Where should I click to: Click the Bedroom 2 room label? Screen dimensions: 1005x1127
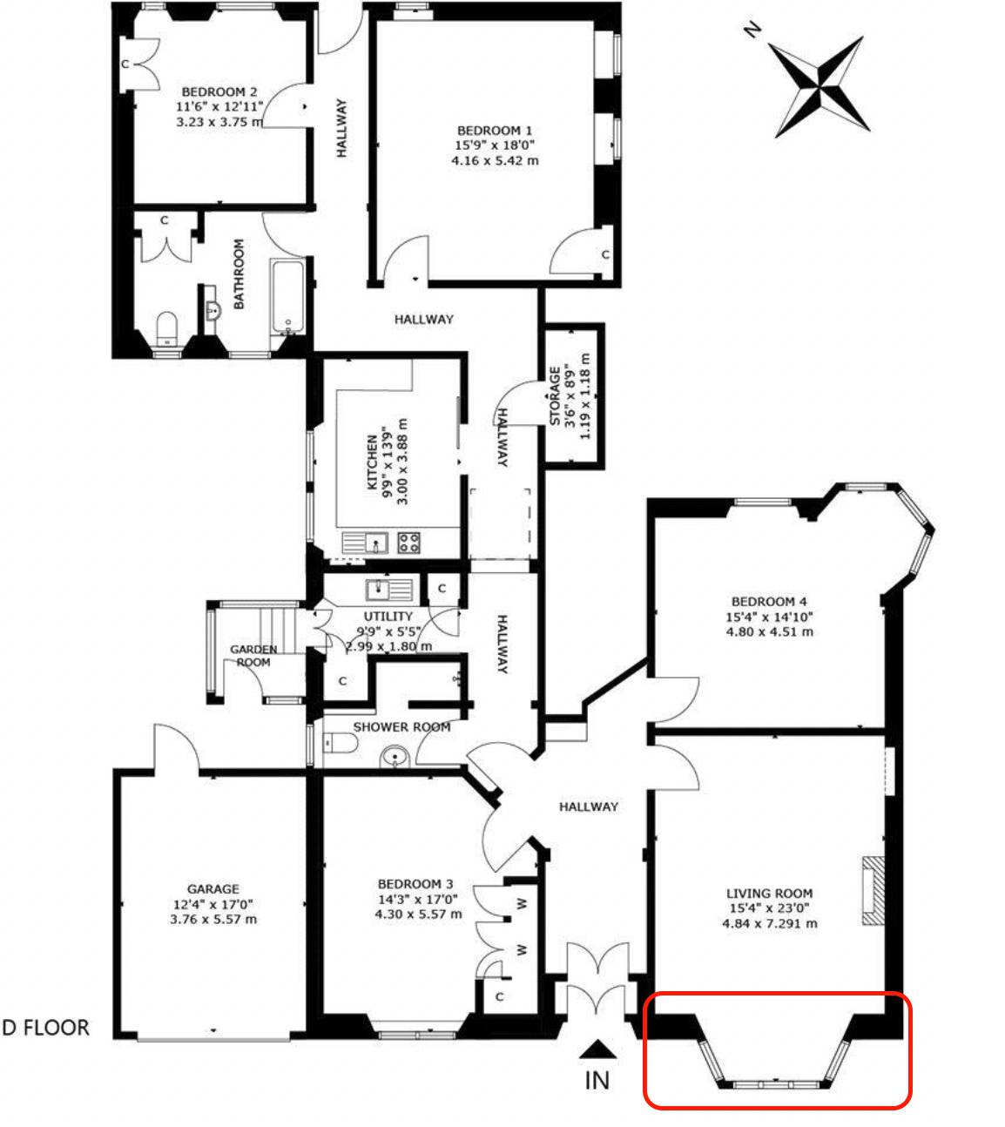pos(219,91)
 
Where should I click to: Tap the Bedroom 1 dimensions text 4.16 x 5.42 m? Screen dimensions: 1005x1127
pos(495,161)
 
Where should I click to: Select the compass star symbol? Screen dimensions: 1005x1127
pos(820,87)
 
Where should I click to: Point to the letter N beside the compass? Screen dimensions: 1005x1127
pos(752,30)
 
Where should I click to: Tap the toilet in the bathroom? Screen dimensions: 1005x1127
pos(166,327)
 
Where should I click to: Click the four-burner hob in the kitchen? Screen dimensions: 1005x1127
pos(408,543)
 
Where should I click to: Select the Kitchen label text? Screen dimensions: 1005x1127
pos(372,462)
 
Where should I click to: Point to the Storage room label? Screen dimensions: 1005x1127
pos(555,395)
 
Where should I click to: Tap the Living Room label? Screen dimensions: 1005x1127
pos(770,894)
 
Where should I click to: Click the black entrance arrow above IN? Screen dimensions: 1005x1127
pos(598,1049)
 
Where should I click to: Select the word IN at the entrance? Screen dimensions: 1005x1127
pos(597,1081)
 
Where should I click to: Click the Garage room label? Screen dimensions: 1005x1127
pos(213,889)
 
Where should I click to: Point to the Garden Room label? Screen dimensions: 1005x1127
pos(253,655)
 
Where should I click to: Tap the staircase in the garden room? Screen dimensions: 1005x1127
pos(278,630)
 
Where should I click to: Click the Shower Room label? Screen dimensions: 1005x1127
pos(401,727)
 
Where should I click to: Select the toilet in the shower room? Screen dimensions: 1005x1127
pos(340,742)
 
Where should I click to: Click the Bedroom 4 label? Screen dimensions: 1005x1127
pos(769,601)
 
